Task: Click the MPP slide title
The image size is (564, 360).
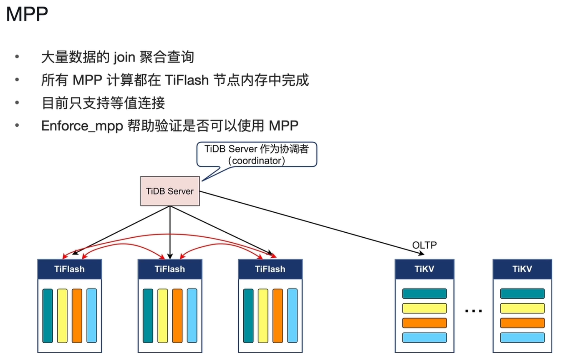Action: pos(27,14)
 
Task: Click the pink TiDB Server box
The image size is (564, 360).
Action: pos(170,191)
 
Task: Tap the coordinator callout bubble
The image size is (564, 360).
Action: pos(257,155)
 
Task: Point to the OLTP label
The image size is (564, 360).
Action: pos(424,245)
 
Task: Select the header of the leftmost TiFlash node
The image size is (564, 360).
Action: pos(70,269)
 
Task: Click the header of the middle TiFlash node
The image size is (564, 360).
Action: pos(170,269)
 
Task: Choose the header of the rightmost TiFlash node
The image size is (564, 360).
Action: pos(270,269)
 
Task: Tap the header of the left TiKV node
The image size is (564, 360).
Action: pos(424,269)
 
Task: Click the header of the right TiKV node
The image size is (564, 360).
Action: pos(523,269)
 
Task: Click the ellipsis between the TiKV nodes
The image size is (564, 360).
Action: pos(473,311)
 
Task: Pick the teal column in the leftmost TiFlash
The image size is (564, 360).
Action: pos(48,316)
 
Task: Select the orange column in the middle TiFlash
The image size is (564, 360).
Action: pos(177,316)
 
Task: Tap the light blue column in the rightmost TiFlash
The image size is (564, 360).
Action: pos(292,316)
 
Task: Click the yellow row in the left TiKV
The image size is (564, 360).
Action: pos(424,308)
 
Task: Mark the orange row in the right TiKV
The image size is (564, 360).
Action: pos(523,323)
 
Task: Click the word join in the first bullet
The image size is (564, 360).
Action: pos(124,57)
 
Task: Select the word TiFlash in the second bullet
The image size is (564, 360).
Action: pos(187,80)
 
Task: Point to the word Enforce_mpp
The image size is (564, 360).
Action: pos(82,126)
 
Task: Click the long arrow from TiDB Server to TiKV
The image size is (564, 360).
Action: pos(312,223)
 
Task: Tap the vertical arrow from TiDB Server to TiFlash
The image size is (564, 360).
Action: pos(170,232)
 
